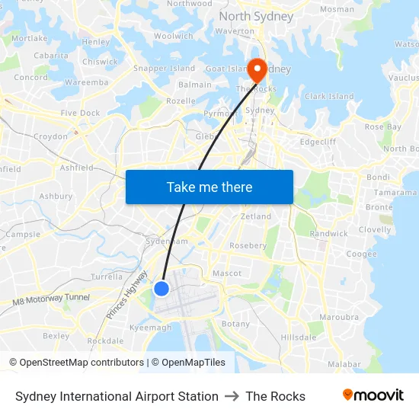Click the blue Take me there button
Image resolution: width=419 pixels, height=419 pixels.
(x=209, y=187)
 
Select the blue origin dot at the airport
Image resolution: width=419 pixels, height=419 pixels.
(x=162, y=289)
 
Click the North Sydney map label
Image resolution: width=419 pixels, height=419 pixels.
(x=256, y=16)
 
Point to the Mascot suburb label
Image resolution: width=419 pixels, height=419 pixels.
(x=226, y=273)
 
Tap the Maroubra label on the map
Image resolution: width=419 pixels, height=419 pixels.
(x=339, y=317)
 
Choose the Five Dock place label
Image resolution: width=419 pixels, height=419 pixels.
(x=80, y=113)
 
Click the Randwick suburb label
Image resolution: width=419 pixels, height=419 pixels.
(x=328, y=233)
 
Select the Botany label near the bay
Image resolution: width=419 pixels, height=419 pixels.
(x=235, y=324)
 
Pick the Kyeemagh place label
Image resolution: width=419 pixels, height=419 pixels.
(x=151, y=328)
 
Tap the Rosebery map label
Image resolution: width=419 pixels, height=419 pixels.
(x=248, y=246)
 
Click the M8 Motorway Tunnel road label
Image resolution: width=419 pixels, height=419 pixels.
(x=51, y=300)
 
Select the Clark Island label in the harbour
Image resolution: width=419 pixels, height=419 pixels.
(x=329, y=97)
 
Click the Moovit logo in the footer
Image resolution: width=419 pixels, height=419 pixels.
(x=373, y=395)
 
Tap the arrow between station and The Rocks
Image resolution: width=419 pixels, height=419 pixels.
(x=232, y=396)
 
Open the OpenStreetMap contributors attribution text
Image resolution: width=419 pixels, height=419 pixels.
(x=76, y=363)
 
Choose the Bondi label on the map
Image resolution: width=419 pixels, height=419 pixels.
(x=378, y=178)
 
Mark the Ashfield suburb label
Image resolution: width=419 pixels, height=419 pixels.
(x=76, y=168)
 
